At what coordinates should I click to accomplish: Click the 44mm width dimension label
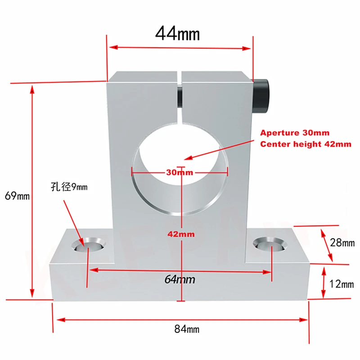[177, 33]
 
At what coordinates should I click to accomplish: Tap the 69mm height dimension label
[16, 196]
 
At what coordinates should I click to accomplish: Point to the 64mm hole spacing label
[180, 279]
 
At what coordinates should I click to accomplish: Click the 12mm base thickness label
[342, 284]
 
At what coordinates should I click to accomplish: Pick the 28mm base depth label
[342, 243]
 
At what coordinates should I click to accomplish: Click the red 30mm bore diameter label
[180, 172]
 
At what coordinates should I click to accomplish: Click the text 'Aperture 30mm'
[295, 133]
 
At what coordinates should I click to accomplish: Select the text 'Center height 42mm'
[306, 144]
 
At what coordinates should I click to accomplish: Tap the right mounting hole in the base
[269, 244]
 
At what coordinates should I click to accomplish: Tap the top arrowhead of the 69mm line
[32, 88]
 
